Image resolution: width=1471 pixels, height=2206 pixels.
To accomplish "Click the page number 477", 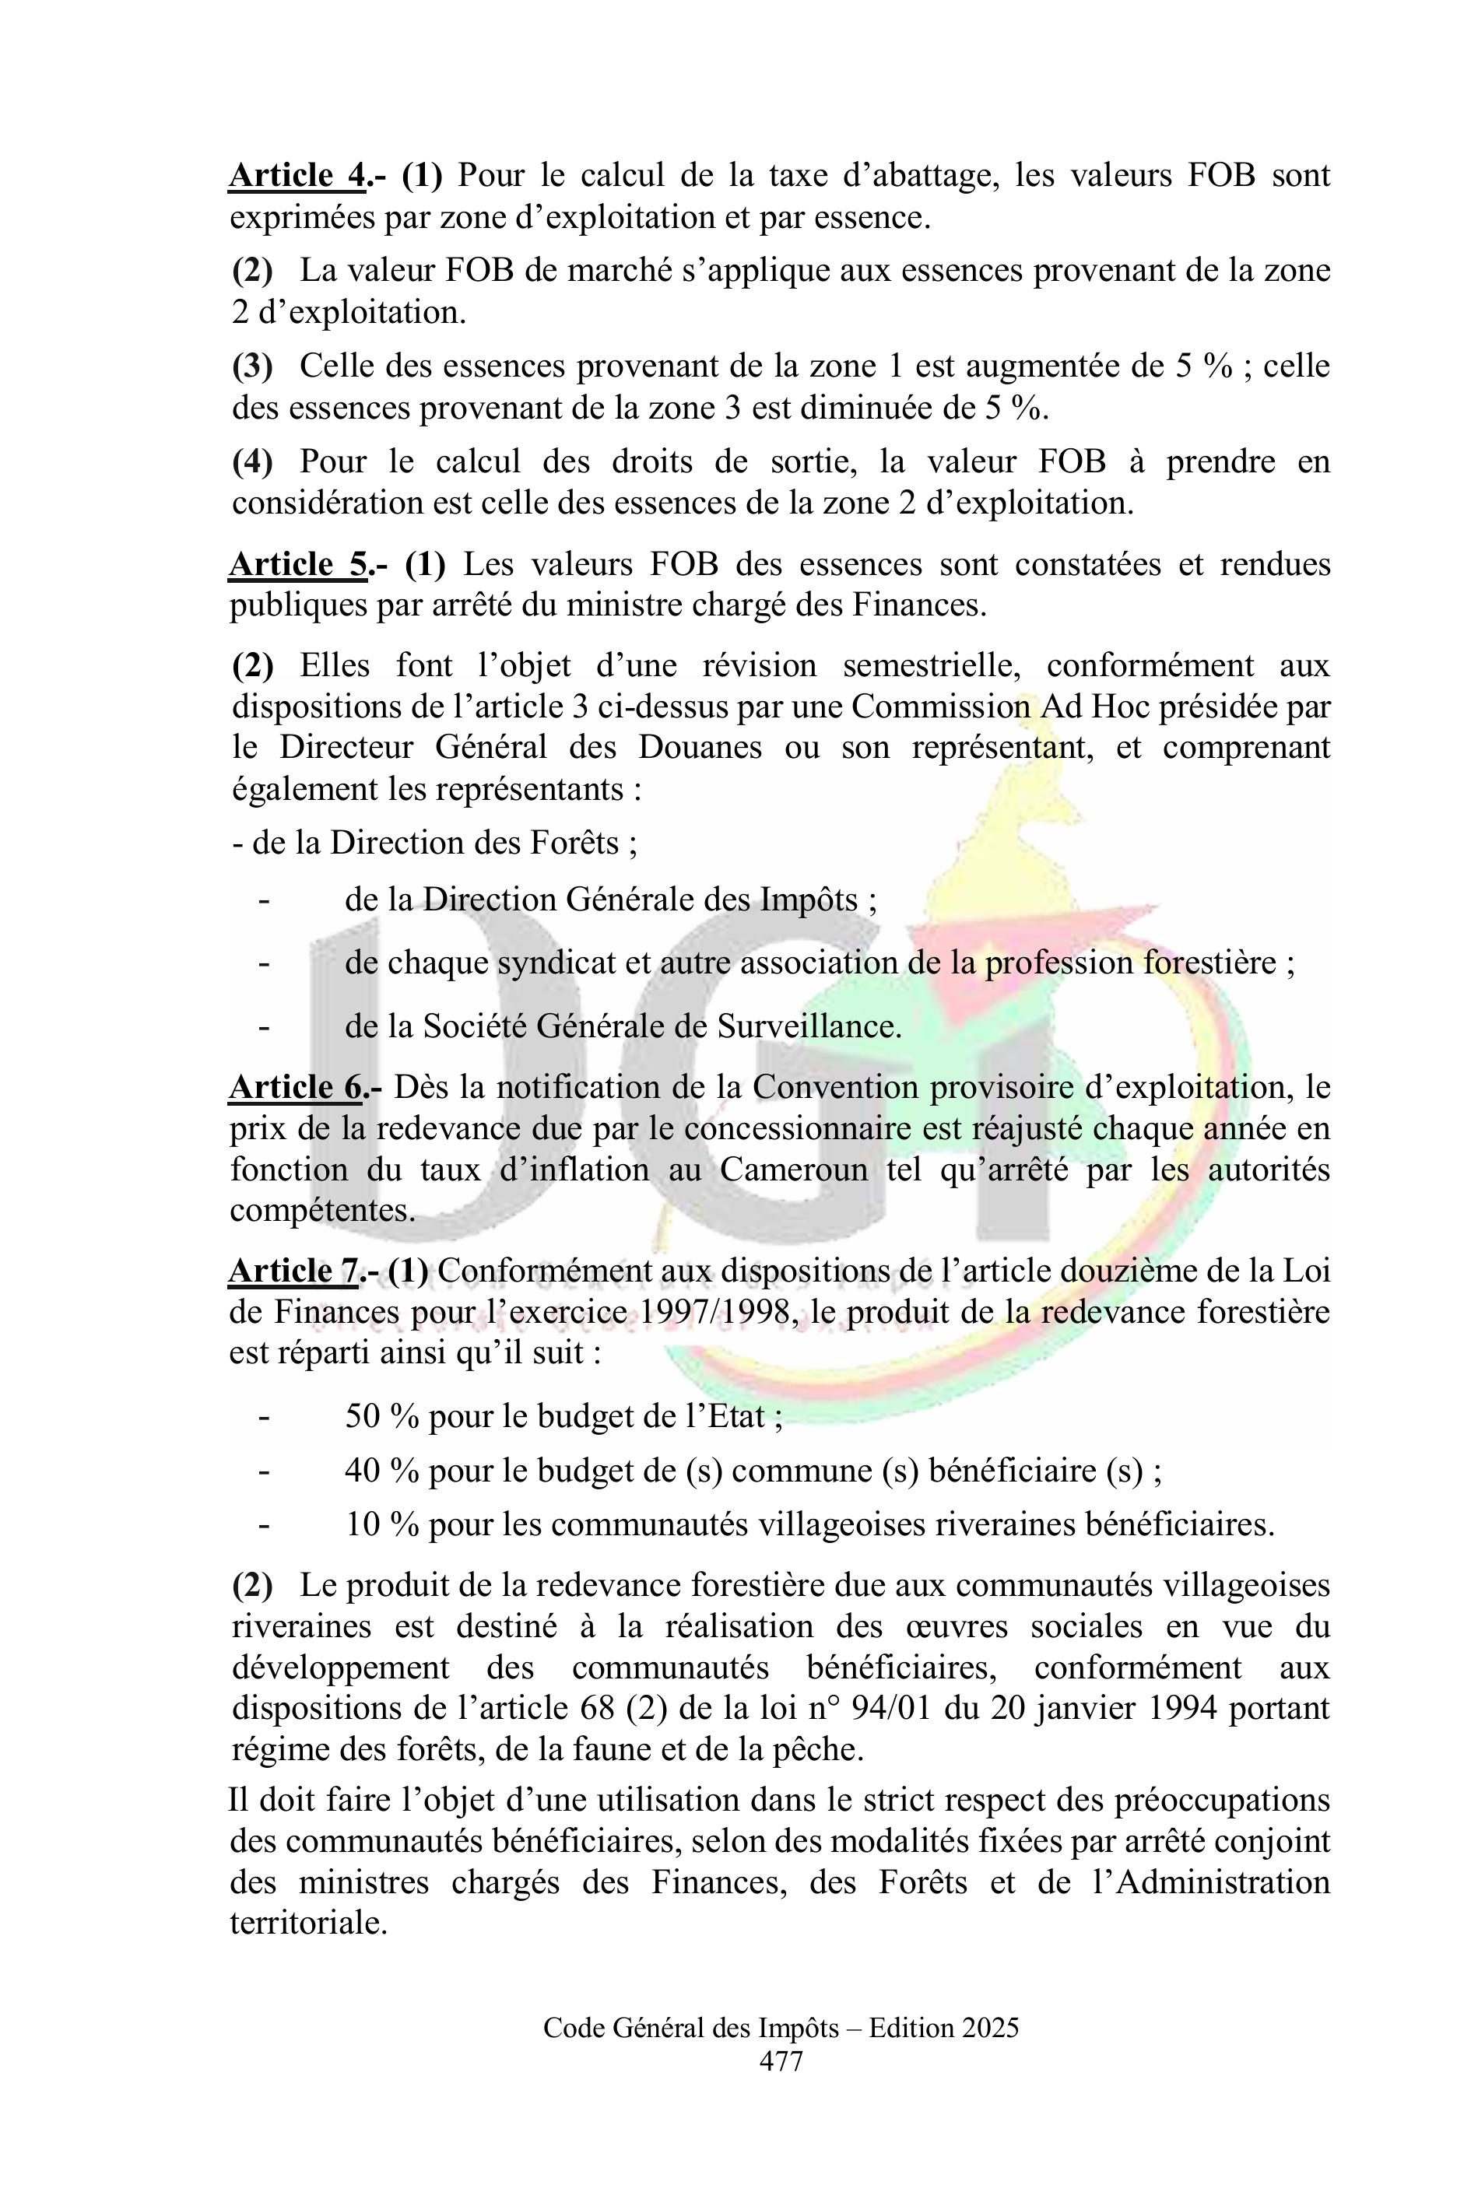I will point(781,2060).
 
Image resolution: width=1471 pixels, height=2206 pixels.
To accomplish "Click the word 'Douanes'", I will point(700,748).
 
